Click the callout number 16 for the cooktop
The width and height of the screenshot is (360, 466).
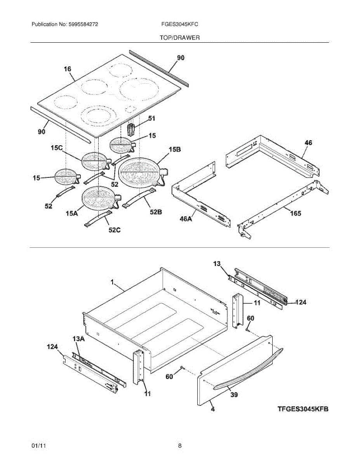[68, 69]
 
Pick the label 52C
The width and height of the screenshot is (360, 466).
[115, 230]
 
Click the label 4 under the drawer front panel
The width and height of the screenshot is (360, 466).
[213, 409]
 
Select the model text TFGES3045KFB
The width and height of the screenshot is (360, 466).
[303, 409]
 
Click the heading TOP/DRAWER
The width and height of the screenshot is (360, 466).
[179, 38]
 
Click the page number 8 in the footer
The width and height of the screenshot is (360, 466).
[180, 446]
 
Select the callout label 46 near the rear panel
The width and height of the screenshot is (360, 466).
[308, 143]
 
